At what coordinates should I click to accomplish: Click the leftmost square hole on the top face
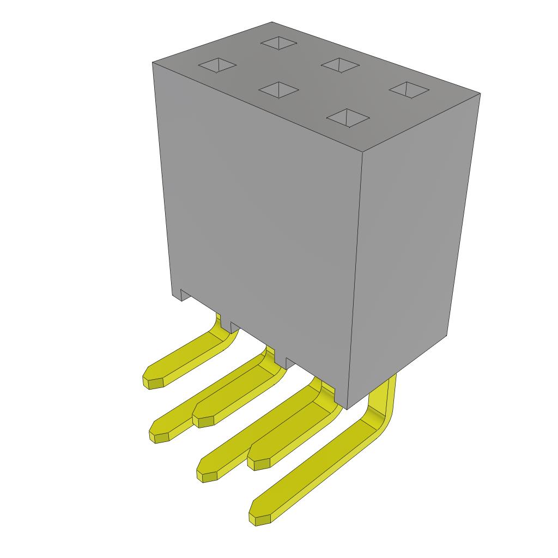click(x=217, y=65)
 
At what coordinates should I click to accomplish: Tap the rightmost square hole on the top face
click(x=409, y=89)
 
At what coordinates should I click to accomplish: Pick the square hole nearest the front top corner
click(x=348, y=117)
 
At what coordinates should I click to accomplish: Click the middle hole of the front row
click(x=278, y=89)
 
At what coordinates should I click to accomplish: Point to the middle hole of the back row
click(x=340, y=65)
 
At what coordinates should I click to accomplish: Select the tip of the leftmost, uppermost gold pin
click(x=153, y=380)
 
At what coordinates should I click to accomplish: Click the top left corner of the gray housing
click(x=153, y=63)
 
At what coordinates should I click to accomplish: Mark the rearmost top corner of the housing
click(x=272, y=22)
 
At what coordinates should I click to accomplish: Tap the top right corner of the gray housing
click(x=480, y=94)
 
